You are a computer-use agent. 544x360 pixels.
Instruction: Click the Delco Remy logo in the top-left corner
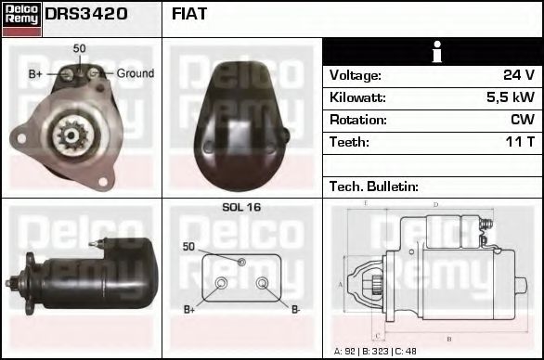(x=21, y=19)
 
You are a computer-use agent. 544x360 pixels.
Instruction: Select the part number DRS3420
(x=86, y=15)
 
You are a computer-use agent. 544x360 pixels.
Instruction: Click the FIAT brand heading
(x=189, y=15)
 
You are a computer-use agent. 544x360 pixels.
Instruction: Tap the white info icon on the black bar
(x=432, y=52)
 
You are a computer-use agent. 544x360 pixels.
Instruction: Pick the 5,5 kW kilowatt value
(x=510, y=97)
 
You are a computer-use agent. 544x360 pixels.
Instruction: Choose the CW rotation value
(x=523, y=120)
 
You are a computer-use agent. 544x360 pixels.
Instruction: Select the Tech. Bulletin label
(x=371, y=186)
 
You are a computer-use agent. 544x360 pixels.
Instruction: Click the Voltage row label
(x=355, y=75)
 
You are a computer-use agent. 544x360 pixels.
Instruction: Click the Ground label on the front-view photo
(x=135, y=73)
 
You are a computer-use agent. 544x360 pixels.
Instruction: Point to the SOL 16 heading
(x=241, y=208)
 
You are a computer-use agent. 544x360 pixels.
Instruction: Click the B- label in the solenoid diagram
(x=295, y=309)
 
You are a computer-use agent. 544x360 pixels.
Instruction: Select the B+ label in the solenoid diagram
(x=189, y=309)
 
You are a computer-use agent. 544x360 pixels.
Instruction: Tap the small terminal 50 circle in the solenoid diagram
(x=241, y=263)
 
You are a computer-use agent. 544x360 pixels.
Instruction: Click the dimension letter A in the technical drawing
(x=341, y=284)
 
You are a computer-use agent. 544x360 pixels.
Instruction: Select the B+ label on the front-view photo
(x=35, y=73)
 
